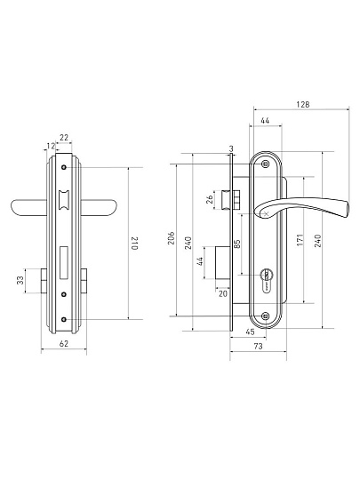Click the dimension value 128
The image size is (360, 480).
point(303,104)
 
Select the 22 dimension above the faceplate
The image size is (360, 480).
point(64,138)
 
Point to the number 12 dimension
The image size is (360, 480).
point(51,146)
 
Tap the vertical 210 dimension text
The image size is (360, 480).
point(135,244)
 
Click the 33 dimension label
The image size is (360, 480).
point(20,280)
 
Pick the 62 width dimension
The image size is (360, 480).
point(64,343)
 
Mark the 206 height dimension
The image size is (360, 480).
point(172,238)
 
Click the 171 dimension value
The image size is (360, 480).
point(300,240)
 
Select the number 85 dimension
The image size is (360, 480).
point(237,244)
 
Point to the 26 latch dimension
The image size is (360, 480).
point(210,200)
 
